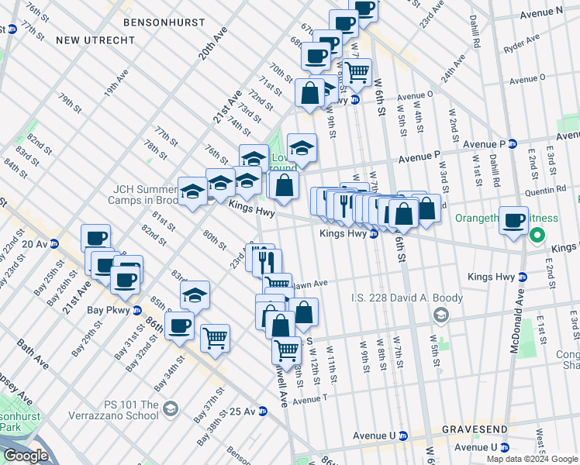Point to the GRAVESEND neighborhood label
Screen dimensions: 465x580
coord(475,429)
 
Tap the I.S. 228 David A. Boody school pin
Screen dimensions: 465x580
coord(441,314)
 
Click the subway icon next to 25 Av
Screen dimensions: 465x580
coord(264,411)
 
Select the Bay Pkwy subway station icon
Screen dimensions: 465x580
coord(136,311)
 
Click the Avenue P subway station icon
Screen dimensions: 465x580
coord(513,143)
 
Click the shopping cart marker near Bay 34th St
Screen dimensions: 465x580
coord(215,338)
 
